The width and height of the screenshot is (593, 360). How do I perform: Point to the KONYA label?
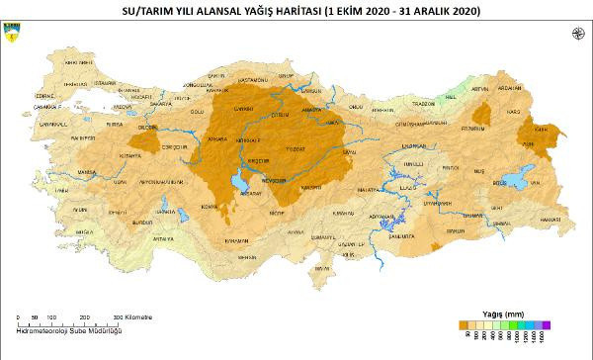point(209,207)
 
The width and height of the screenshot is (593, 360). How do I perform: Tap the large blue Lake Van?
point(517,181)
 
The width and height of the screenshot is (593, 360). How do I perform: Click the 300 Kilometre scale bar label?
point(132,316)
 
